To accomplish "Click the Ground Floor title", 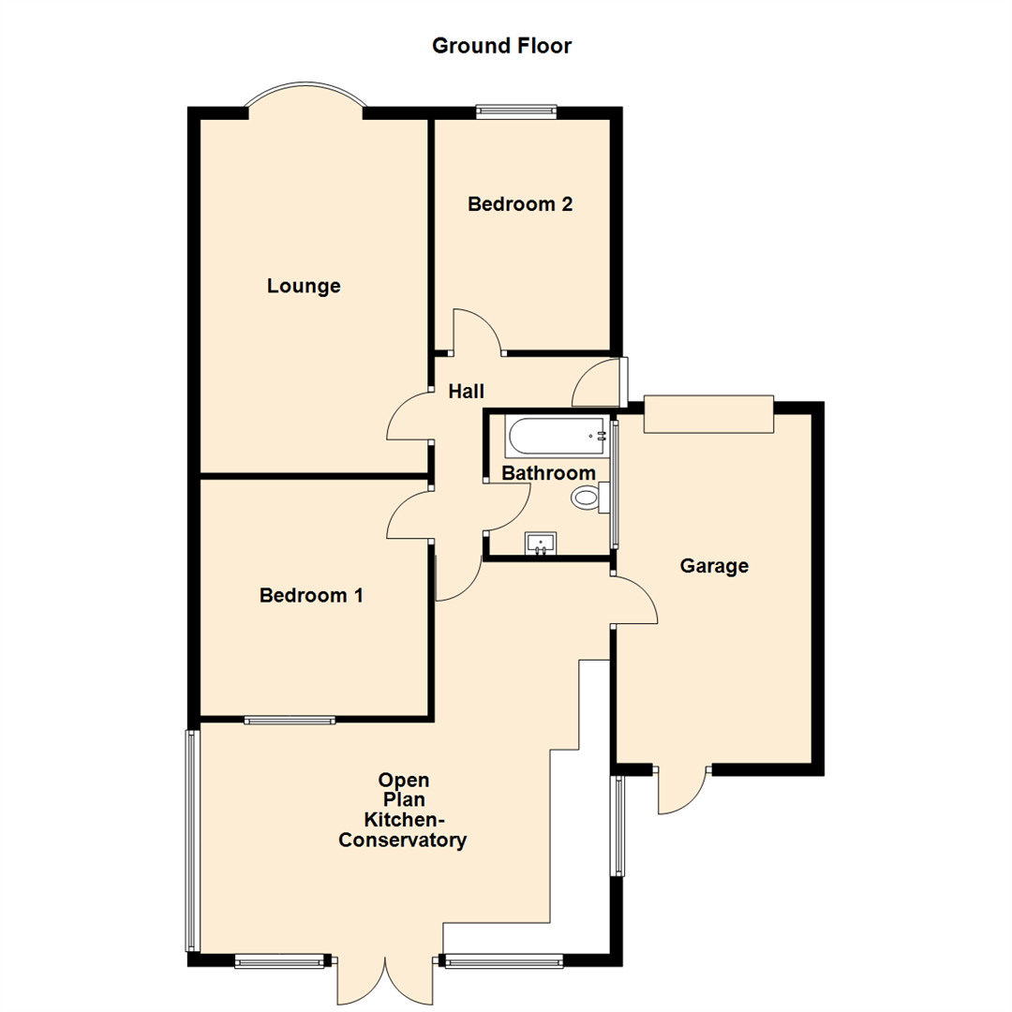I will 501,45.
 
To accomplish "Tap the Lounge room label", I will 304,286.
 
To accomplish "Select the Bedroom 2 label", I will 520,203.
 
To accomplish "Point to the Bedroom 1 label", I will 311,594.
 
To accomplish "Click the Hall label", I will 466,391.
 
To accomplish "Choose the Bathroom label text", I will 548,473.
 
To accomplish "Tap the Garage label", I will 714,566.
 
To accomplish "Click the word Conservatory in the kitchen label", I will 402,841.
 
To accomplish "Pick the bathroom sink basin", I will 541,543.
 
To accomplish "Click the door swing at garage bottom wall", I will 681,790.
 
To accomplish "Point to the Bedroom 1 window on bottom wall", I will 290,721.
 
